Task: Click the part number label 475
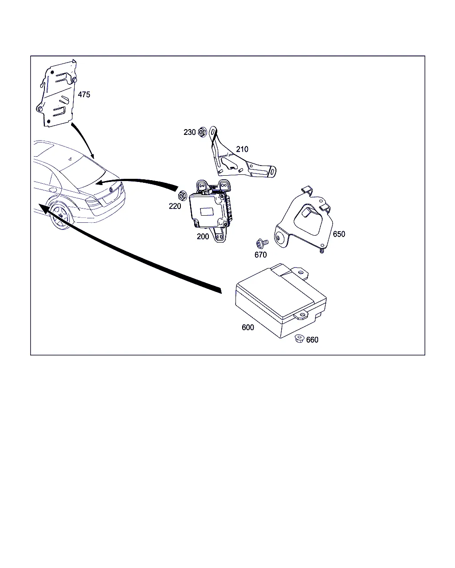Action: tap(84, 95)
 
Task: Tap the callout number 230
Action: tap(190, 132)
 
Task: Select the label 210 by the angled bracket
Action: tap(242, 150)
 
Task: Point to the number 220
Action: tap(175, 206)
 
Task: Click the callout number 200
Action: tap(203, 237)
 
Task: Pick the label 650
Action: tap(339, 234)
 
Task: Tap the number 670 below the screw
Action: tap(260, 255)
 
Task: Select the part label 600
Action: tap(248, 327)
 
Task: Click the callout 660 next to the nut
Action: tap(312, 340)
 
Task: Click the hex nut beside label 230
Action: tap(202, 132)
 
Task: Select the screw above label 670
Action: tap(262, 243)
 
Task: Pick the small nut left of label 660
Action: tap(299, 339)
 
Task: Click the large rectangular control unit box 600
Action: tap(281, 300)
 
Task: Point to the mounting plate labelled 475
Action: tap(56, 93)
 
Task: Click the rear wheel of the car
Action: tap(60, 216)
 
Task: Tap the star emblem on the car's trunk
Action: tap(111, 189)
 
